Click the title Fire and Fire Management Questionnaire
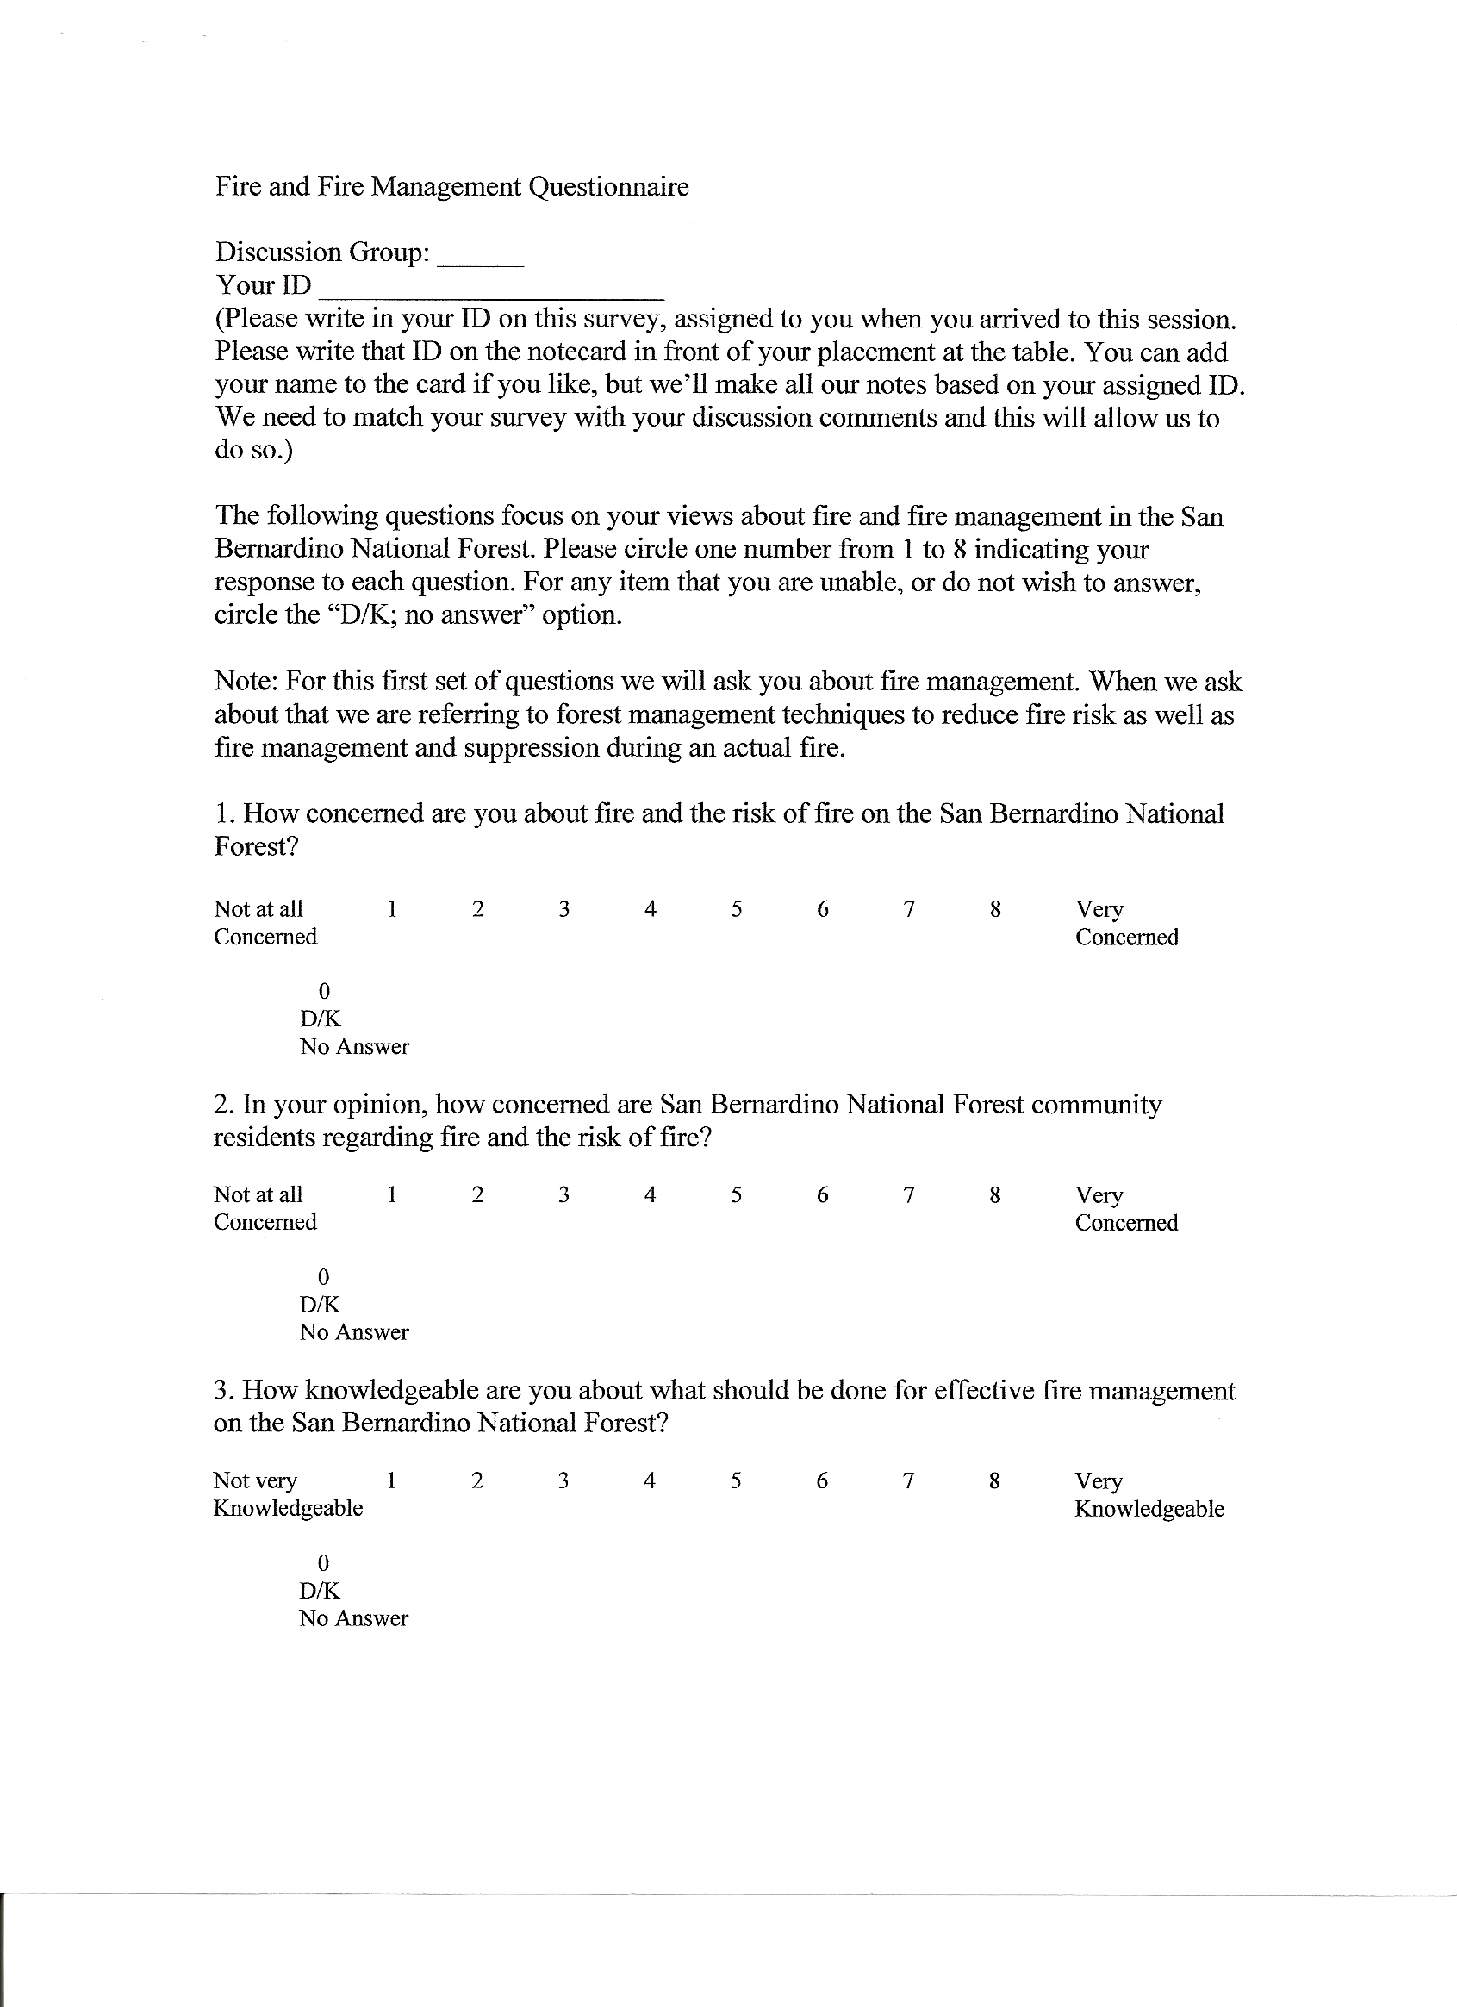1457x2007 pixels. tap(451, 187)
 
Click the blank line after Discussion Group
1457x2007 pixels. tap(481, 262)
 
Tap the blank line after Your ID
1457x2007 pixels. tap(491, 296)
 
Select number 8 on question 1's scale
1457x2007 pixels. tap(995, 909)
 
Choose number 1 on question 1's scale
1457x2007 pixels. tap(392, 909)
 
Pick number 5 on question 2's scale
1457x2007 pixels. tap(736, 1194)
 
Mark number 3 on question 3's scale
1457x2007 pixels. tap(563, 1480)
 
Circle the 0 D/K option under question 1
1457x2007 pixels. tap(324, 991)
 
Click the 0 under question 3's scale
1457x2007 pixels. tap(323, 1562)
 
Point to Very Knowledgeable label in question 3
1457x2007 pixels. tap(1149, 1494)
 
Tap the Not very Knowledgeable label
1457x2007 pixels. tap(288, 1494)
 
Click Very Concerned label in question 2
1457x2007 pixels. tap(1126, 1209)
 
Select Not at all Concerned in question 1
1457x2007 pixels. tap(265, 923)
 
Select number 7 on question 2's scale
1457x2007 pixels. tap(908, 1194)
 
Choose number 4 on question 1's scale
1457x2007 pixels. tap(651, 909)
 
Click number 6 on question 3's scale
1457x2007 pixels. tap(822, 1480)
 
